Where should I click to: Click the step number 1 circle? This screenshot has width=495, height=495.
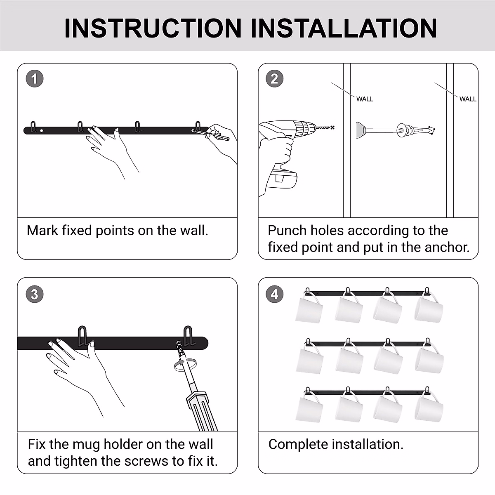click(x=34, y=79)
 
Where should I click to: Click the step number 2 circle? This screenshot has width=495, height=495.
click(x=275, y=79)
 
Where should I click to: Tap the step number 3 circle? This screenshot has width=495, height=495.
click(x=34, y=295)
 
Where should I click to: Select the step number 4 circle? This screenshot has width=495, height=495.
click(x=275, y=295)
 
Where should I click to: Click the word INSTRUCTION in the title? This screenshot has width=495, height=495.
click(x=153, y=28)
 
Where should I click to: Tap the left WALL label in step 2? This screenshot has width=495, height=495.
click(x=365, y=99)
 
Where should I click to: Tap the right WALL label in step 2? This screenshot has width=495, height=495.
click(x=468, y=99)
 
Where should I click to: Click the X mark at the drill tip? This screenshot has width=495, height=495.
click(x=332, y=127)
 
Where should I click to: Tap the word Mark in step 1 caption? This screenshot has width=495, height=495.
click(x=42, y=230)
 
